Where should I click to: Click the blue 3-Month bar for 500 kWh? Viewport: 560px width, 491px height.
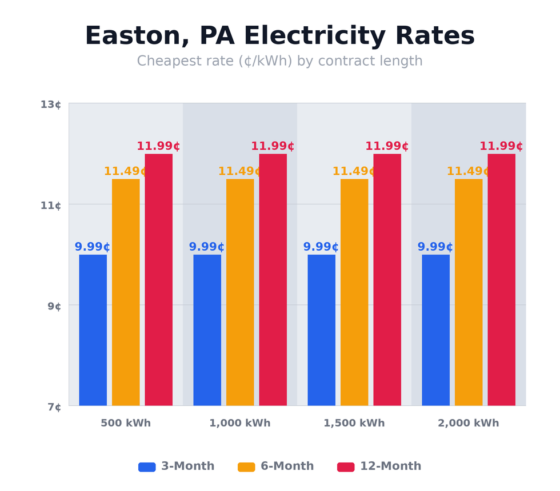click(x=93, y=330)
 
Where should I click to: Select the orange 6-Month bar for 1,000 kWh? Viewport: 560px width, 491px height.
click(x=240, y=292)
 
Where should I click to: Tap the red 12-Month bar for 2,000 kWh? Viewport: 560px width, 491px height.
click(x=501, y=280)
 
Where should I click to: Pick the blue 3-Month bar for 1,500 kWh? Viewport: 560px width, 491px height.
click(x=321, y=330)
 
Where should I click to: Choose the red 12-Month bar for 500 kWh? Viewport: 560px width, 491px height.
click(x=158, y=280)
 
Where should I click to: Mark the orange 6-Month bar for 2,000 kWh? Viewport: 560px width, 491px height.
click(x=469, y=292)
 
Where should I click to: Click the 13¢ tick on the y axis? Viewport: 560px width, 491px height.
click(x=50, y=104)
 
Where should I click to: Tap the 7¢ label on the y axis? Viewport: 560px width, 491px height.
click(x=54, y=407)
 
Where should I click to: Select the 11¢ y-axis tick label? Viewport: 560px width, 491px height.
click(x=50, y=206)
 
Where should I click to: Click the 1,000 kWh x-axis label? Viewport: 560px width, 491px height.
click(x=240, y=424)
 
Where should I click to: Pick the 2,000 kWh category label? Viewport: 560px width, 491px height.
click(x=469, y=424)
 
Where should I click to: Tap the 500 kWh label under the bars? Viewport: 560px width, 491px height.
click(x=126, y=424)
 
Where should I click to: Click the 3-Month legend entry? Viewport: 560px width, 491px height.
click(x=177, y=466)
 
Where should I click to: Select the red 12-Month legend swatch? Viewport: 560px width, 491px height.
click(x=346, y=467)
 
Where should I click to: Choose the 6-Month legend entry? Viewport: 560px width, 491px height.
click(x=276, y=466)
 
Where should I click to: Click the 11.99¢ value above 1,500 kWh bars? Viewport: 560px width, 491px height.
click(x=387, y=146)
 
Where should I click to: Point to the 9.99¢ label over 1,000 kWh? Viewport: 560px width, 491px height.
click(x=206, y=247)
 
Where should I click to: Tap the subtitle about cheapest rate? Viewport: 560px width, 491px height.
click(x=279, y=61)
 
